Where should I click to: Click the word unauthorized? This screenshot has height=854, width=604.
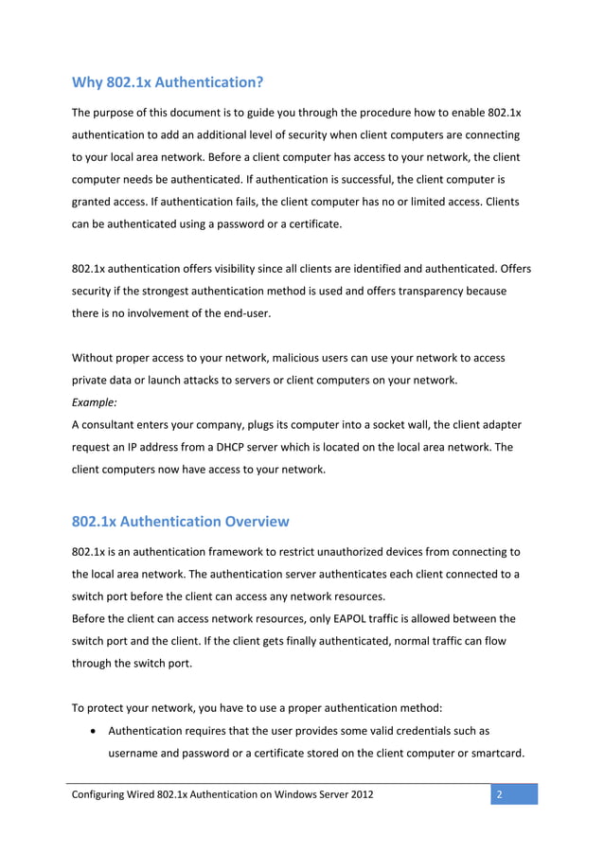(x=352, y=551)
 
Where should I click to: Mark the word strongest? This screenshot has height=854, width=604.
(x=161, y=291)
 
